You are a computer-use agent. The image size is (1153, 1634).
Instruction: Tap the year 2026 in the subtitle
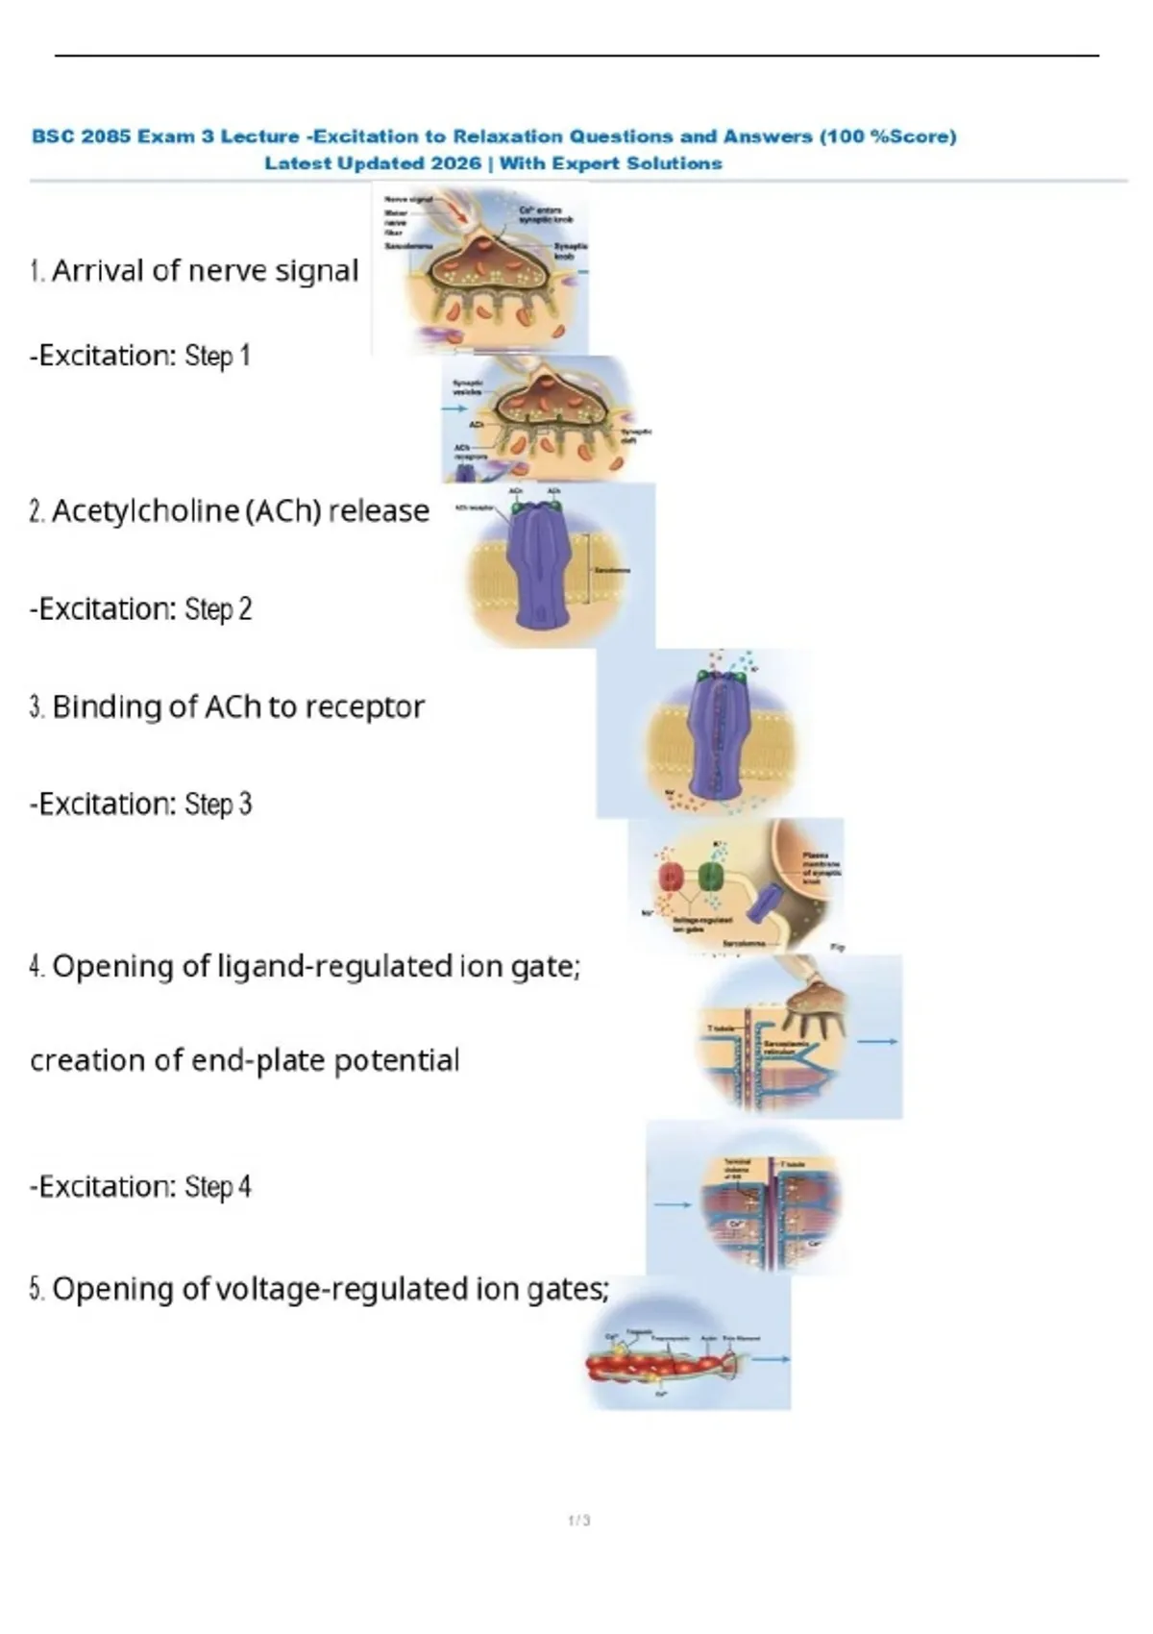456,163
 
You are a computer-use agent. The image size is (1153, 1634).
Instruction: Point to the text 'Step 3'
218,804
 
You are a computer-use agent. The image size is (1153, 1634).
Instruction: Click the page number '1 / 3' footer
579,1521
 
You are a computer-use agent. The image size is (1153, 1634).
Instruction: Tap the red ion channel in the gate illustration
670,876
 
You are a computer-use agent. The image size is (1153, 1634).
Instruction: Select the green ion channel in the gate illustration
710,876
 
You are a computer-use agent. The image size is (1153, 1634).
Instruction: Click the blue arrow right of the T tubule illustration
877,1041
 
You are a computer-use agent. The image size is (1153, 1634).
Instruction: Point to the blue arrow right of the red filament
771,1359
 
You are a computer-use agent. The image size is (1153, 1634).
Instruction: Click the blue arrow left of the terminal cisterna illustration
673,1204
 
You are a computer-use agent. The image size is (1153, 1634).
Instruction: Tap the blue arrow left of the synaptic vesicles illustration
454,408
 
